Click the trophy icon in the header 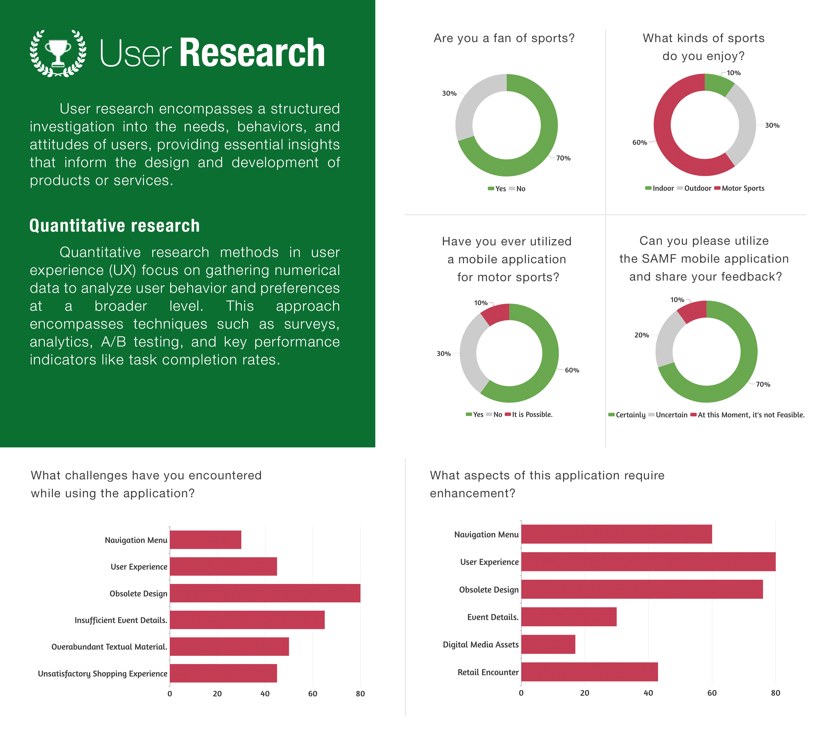(x=58, y=53)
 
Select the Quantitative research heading (x=115, y=226)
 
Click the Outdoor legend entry (x=694, y=188)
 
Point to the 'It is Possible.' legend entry (x=528, y=415)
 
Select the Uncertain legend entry (x=668, y=415)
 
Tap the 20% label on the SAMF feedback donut (x=641, y=335)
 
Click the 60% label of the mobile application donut (x=572, y=370)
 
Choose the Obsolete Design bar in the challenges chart (x=265, y=593)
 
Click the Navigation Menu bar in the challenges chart (x=205, y=540)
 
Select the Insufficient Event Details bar (x=247, y=620)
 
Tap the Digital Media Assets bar (x=548, y=645)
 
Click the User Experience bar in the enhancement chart (x=648, y=562)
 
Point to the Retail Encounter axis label (x=488, y=672)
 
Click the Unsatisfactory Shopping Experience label (x=103, y=674)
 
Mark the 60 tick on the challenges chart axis (x=313, y=694)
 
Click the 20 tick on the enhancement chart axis (x=585, y=693)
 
